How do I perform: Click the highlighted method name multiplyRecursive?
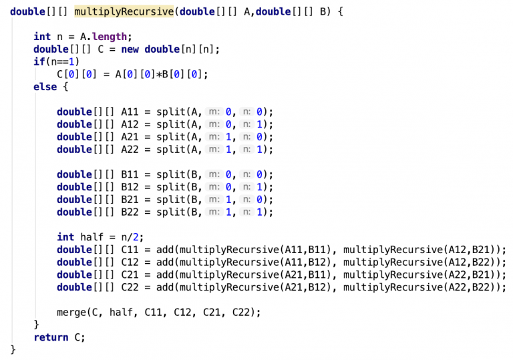124,12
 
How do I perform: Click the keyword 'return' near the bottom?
51,337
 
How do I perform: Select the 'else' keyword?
45,87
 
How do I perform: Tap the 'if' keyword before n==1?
39,61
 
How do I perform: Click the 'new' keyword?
130,49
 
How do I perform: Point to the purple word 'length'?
110,37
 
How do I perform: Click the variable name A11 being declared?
130,112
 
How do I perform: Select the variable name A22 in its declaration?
130,150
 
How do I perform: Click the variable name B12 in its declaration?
130,187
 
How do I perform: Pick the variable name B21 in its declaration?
130,200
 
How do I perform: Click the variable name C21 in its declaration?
130,275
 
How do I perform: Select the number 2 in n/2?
136,237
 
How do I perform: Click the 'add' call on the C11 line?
165,250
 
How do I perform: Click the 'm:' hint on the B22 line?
214,212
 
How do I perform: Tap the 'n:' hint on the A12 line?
246,124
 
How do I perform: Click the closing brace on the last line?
13,349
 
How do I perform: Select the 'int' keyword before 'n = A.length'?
42,37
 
